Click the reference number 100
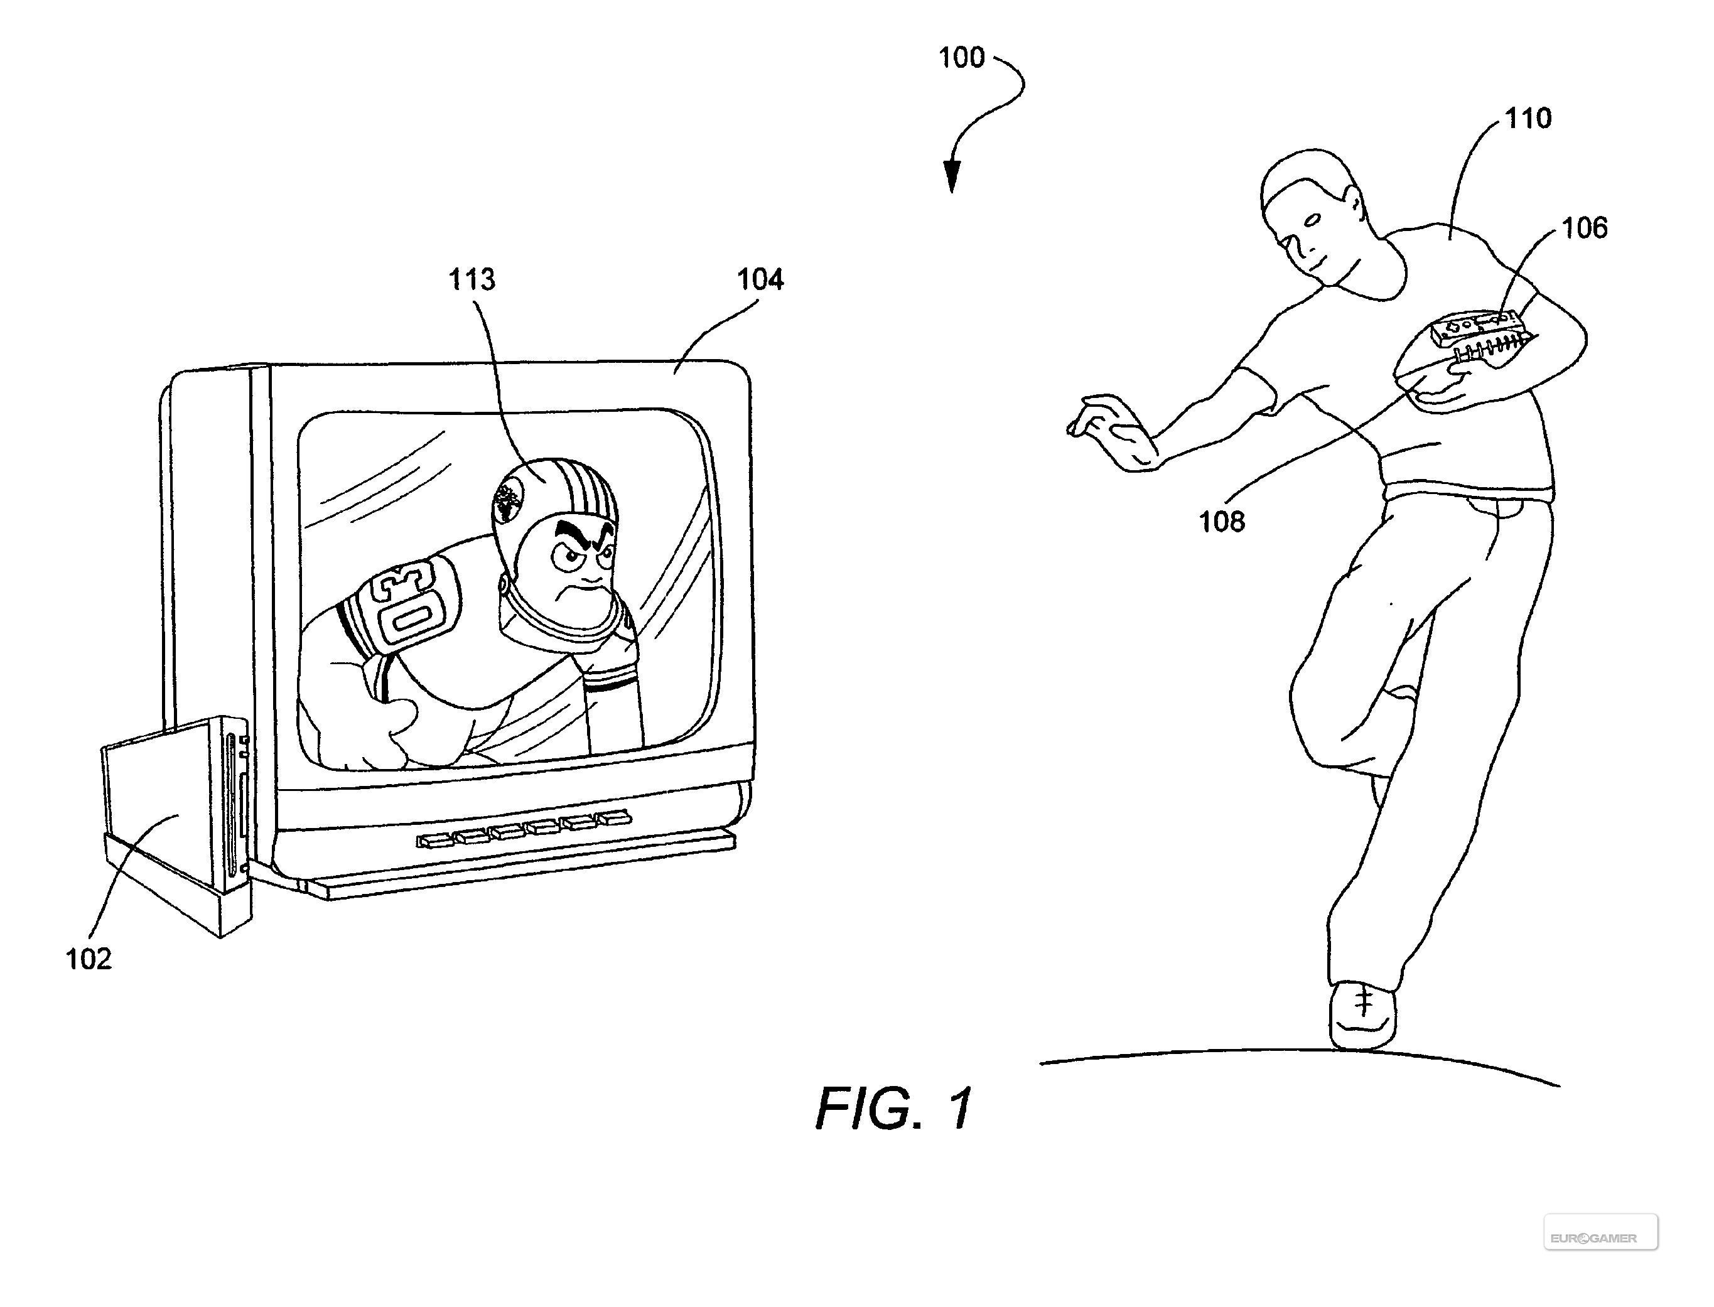tap(962, 58)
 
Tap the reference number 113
tap(472, 279)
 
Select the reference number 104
tap(760, 279)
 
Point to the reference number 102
tap(89, 959)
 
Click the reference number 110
tap(1528, 118)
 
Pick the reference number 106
tap(1585, 228)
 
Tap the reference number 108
tap(1222, 521)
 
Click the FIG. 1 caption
tap(894, 1108)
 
